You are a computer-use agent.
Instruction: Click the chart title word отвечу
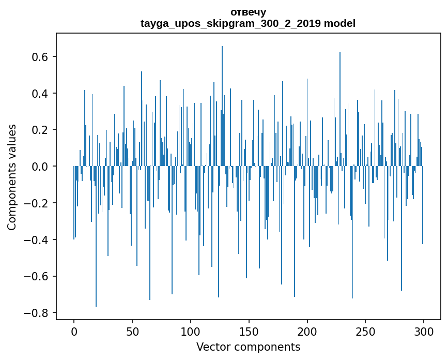pos(248,12)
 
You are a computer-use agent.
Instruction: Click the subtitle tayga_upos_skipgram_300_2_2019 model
pos(248,23)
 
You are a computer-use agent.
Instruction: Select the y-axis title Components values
pos(11,177)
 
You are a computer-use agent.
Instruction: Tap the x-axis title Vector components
pos(248,347)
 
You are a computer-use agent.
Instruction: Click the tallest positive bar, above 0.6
pos(222,103)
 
